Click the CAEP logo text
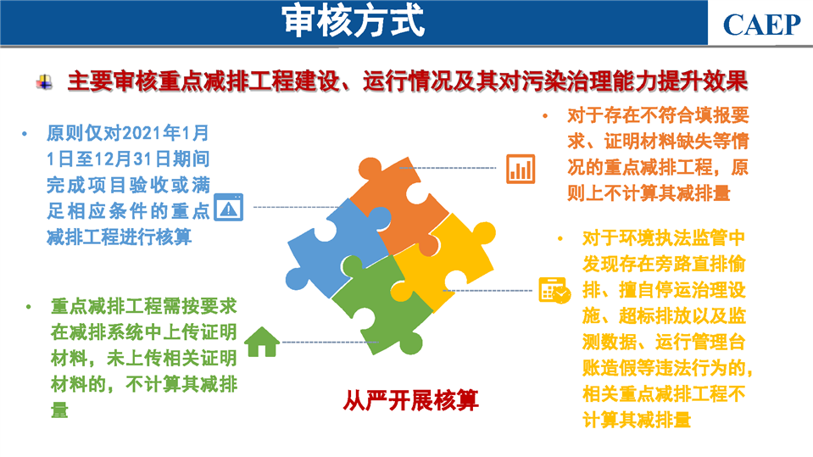pos(761,25)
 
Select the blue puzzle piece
pos(337,248)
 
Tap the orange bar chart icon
pos(521,169)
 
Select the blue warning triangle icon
pos(229,207)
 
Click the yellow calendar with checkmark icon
pos(554,291)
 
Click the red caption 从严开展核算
pos(410,400)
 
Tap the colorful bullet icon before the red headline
pos(44,82)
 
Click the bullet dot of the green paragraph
pos(29,307)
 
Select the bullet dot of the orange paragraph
pos(545,115)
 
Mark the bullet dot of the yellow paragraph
pos(560,238)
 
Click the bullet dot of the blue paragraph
pos(25,134)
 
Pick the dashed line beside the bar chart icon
pos(448,168)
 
